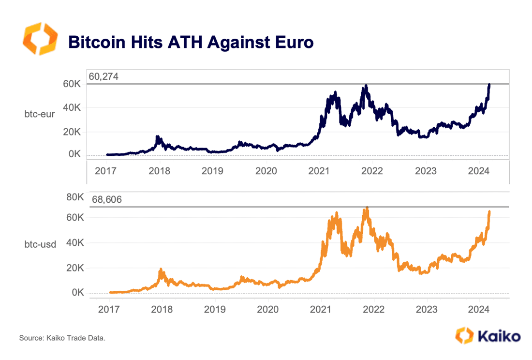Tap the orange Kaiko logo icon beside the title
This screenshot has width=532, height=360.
coord(40,38)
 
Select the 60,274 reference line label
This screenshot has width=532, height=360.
coord(103,76)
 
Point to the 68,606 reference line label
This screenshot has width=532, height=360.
coord(103,200)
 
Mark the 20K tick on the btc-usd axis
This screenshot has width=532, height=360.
coord(74,268)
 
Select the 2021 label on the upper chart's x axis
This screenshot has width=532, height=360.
coord(319,171)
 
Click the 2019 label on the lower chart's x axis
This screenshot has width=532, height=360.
coord(215,309)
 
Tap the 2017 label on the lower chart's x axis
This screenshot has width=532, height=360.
coord(109,309)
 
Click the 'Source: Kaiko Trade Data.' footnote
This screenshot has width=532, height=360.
coord(62,337)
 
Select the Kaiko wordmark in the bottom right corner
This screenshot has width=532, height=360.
coord(499,335)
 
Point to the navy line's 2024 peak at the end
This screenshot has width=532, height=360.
coord(489,85)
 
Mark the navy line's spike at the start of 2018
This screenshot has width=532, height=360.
coord(157,137)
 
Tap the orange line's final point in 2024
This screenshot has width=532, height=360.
coord(489,212)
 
